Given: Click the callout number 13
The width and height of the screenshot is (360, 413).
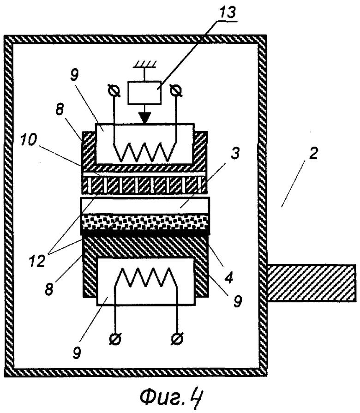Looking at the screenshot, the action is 228,12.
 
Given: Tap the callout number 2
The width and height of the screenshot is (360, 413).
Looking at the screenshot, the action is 313,153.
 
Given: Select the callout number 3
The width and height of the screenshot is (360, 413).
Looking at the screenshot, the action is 235,153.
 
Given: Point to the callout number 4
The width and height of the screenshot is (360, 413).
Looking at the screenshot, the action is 228,277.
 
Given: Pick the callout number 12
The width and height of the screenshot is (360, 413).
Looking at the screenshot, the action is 37,261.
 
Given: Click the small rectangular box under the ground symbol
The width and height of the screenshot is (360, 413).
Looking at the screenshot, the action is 144,92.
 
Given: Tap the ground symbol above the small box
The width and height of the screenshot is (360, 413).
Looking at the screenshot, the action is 144,65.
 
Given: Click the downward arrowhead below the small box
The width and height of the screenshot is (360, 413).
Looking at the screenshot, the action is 144,118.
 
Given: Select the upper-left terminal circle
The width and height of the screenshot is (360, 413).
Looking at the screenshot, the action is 114,91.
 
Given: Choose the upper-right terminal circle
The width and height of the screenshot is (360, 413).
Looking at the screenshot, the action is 176,91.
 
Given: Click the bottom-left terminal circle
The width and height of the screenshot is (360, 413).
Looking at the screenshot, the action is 115,339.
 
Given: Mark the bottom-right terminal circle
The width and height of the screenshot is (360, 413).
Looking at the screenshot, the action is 177,339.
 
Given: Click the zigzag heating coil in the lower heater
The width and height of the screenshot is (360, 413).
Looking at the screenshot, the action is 146,277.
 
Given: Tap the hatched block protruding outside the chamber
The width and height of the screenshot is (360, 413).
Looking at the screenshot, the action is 312,283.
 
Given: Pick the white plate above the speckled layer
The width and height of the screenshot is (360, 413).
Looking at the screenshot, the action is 146,206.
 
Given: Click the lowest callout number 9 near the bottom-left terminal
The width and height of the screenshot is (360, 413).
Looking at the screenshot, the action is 77,353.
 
